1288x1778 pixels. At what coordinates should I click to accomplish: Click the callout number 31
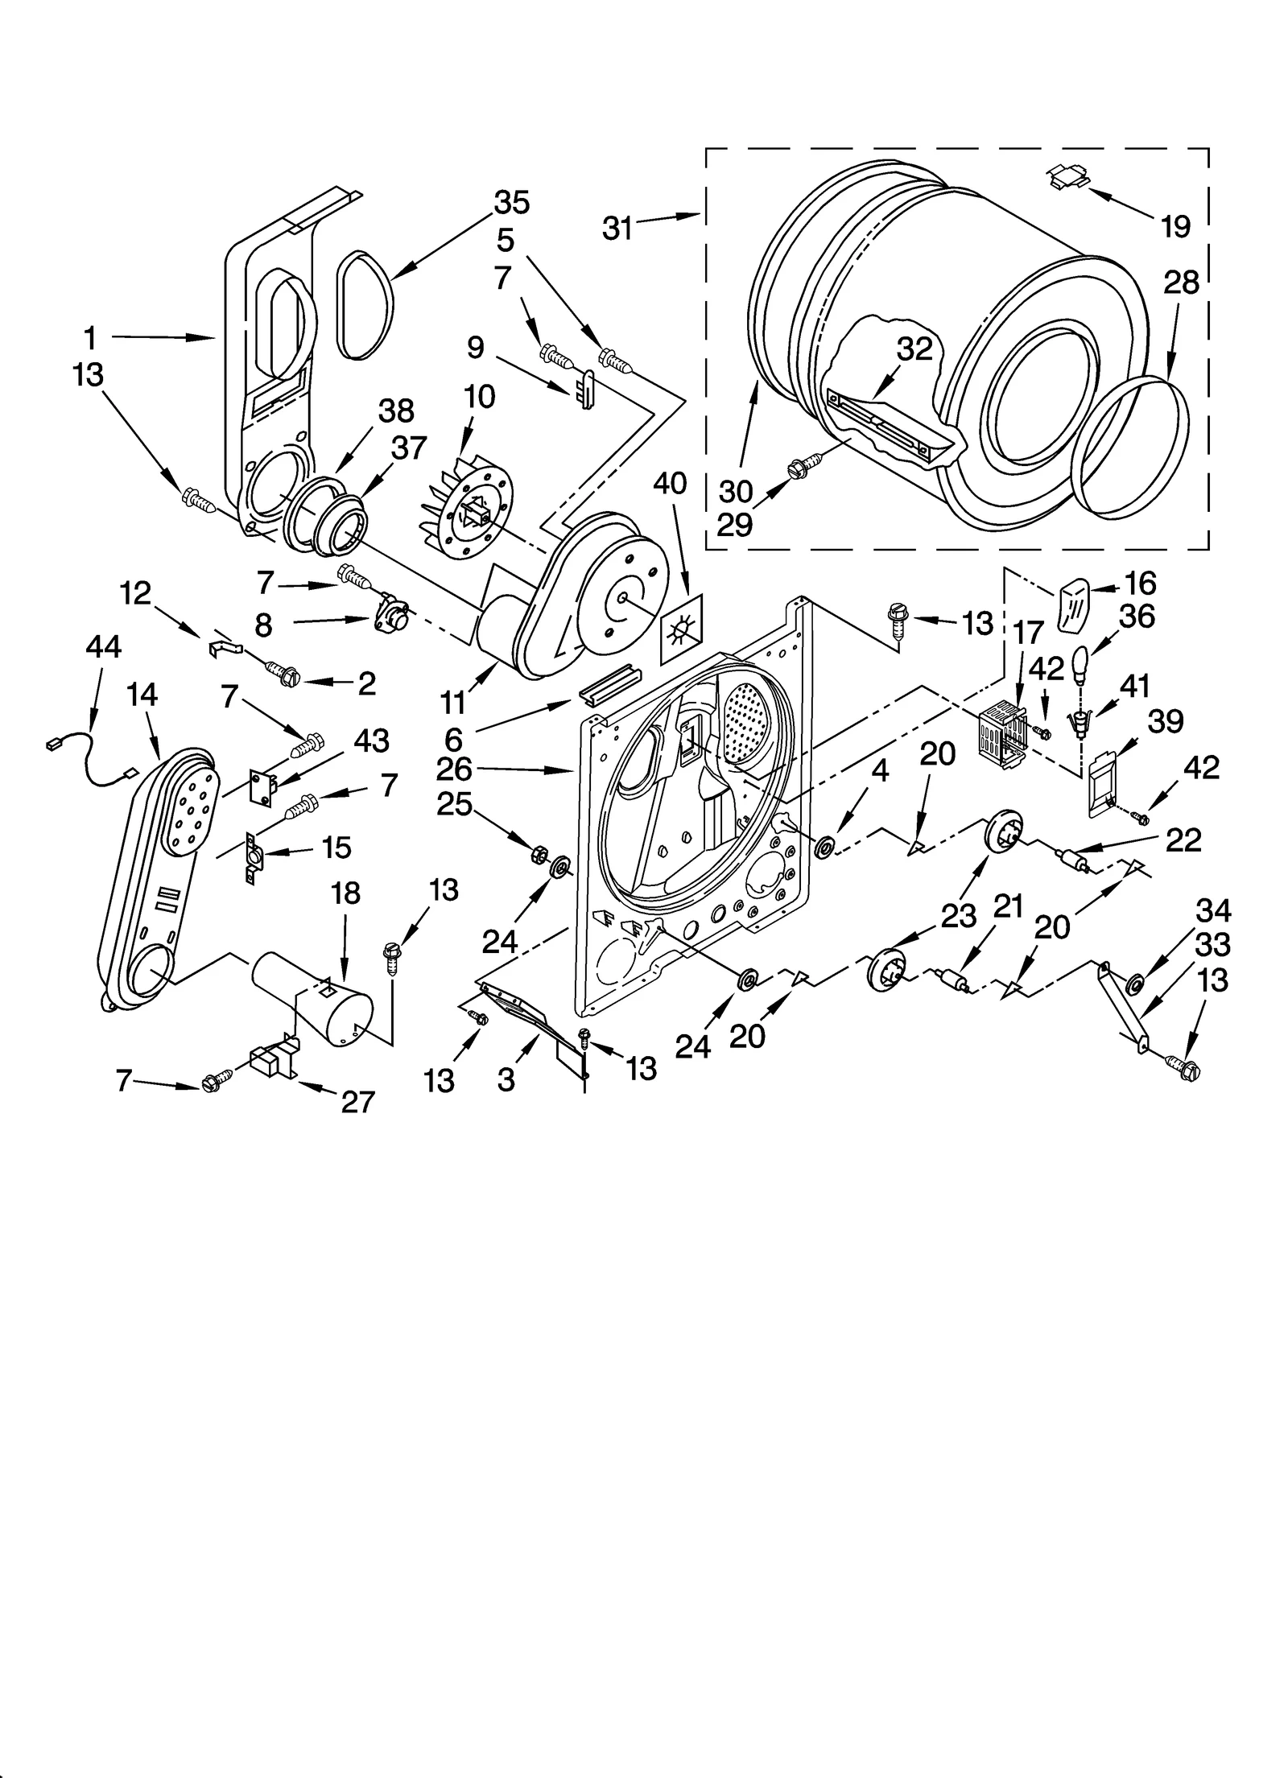point(617,228)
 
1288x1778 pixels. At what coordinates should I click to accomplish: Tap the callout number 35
point(512,202)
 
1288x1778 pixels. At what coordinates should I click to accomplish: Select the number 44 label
point(104,646)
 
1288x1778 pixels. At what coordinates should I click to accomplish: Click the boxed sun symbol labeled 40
point(681,629)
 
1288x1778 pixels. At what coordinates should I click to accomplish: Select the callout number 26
point(454,769)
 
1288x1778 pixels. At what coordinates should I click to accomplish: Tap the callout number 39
point(1166,722)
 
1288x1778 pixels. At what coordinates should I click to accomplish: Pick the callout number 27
point(357,1101)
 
